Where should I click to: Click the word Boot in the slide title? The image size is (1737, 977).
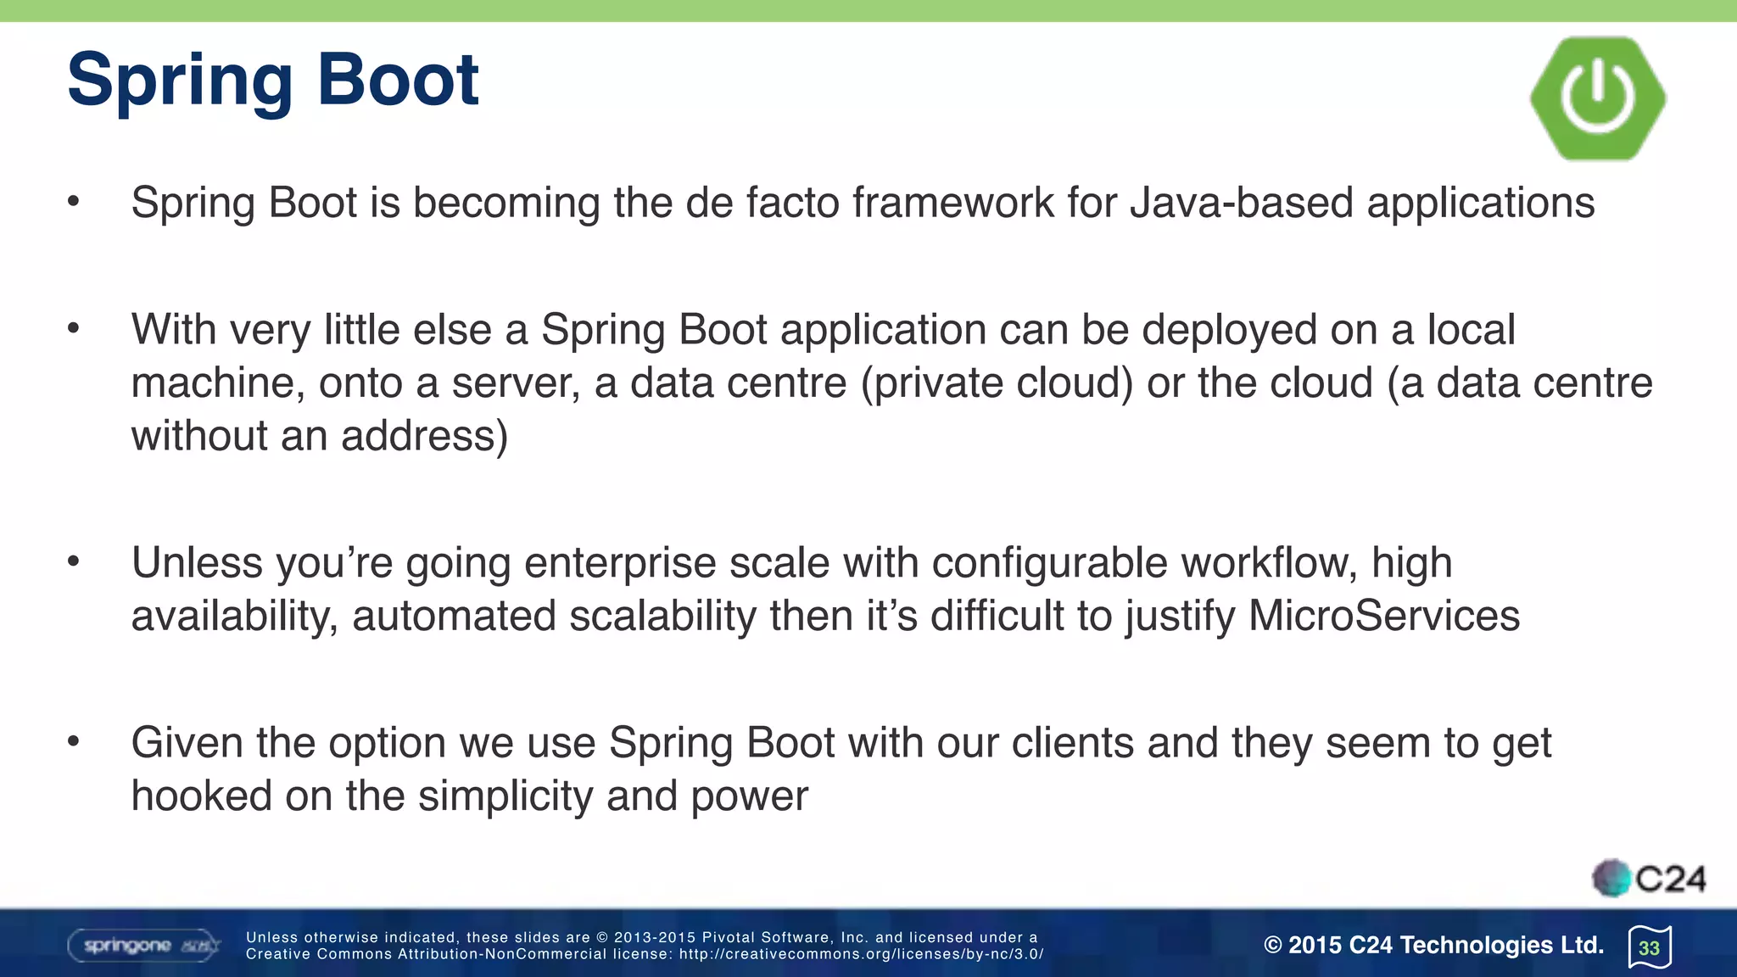coord(398,80)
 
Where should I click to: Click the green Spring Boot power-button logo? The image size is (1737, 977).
coord(1598,98)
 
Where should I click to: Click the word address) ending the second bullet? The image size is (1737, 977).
coord(424,436)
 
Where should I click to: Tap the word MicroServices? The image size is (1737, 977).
coord(1384,616)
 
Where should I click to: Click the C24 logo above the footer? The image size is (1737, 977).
coord(1650,879)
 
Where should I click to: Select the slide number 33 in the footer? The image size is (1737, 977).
coord(1649,947)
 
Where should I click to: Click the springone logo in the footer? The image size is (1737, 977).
coord(144,945)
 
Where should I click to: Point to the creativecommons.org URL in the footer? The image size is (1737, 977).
coord(861,954)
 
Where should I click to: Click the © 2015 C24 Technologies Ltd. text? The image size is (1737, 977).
coord(1433,945)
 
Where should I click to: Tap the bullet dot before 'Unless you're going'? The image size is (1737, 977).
coord(74,561)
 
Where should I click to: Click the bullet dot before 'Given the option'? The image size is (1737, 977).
coord(74,742)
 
